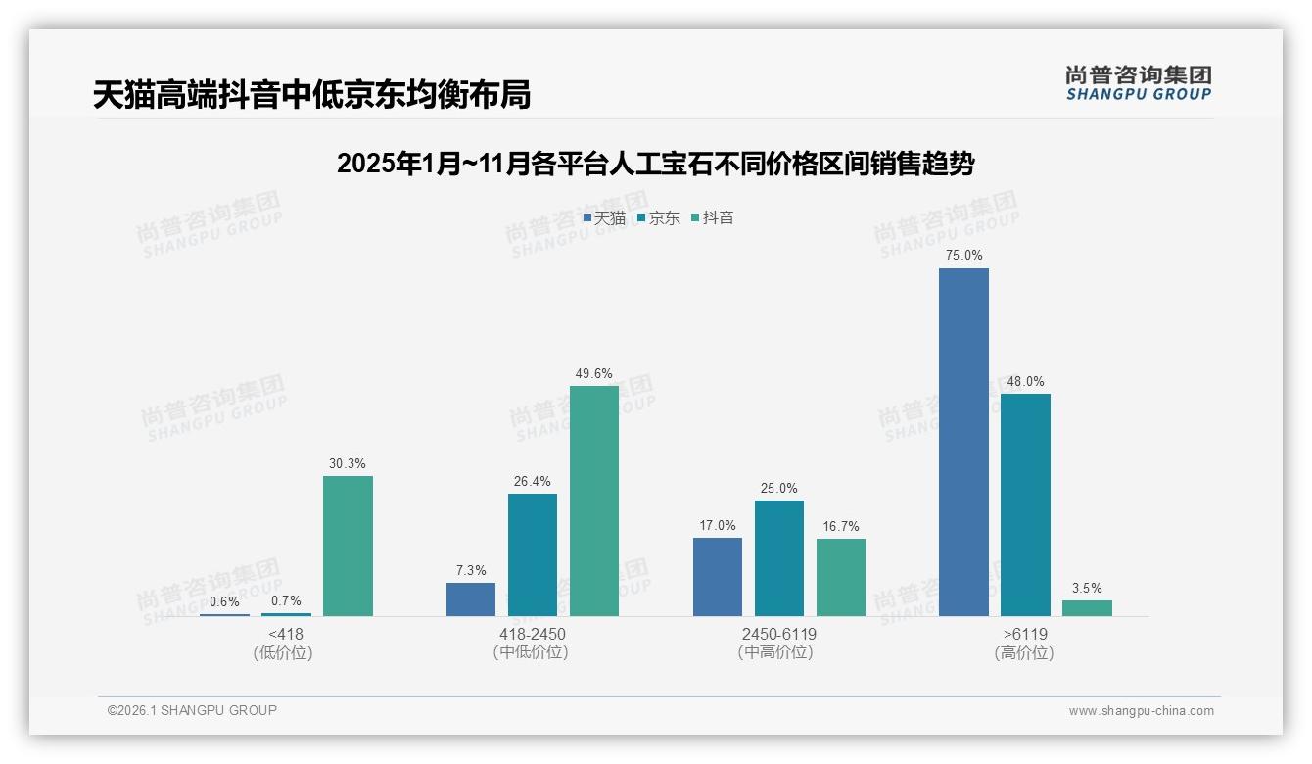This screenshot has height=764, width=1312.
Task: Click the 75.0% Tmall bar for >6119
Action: [963, 442]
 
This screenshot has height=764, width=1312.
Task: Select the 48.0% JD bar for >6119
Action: [1025, 504]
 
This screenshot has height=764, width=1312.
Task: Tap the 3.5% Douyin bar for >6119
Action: [1087, 608]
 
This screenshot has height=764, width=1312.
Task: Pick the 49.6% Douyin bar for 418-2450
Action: [594, 501]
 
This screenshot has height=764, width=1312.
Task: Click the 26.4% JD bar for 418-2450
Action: [533, 554]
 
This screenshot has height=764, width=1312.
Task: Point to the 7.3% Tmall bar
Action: [471, 599]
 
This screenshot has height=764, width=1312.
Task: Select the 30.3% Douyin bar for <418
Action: [348, 546]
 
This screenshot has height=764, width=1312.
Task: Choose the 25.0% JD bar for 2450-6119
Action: [779, 558]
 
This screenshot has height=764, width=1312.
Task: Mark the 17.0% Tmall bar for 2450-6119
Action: [718, 577]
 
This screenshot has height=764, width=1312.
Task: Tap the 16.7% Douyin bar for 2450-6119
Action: [841, 577]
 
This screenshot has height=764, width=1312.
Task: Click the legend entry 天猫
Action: [604, 218]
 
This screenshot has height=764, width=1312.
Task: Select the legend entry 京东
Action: [658, 218]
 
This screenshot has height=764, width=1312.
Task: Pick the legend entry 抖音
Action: [713, 218]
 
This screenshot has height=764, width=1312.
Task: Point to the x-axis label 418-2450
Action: [533, 634]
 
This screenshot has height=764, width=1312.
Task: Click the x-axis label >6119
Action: [1024, 634]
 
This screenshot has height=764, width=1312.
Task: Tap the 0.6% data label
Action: [224, 601]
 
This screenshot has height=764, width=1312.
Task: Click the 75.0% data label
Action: [963, 255]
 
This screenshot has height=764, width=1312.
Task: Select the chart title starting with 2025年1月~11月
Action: [655, 164]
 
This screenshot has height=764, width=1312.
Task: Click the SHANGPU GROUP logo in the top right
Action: [1139, 83]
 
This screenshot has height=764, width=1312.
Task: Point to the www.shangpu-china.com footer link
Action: [1141, 711]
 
